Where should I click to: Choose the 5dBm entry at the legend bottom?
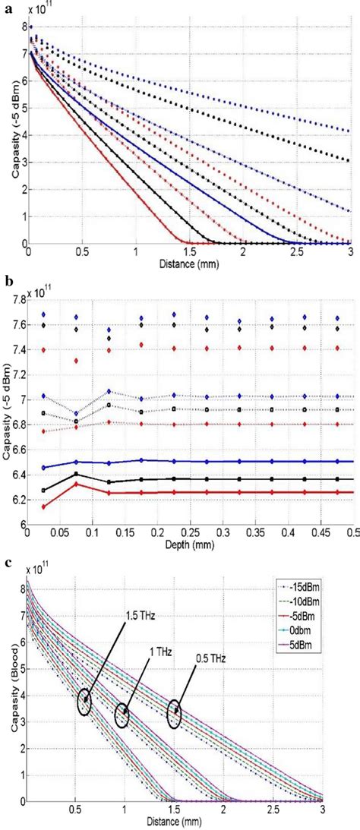(310, 644)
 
